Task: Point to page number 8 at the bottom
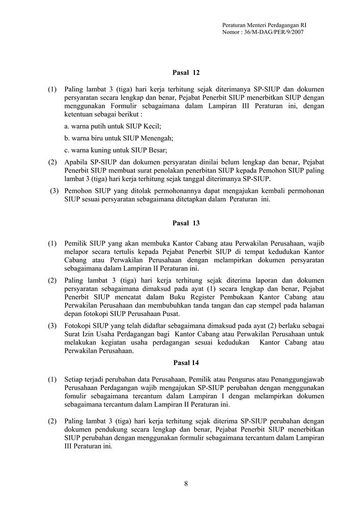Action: pyautogui.click(x=186, y=484)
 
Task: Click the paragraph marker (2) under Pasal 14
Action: pyautogui.click(x=52, y=421)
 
